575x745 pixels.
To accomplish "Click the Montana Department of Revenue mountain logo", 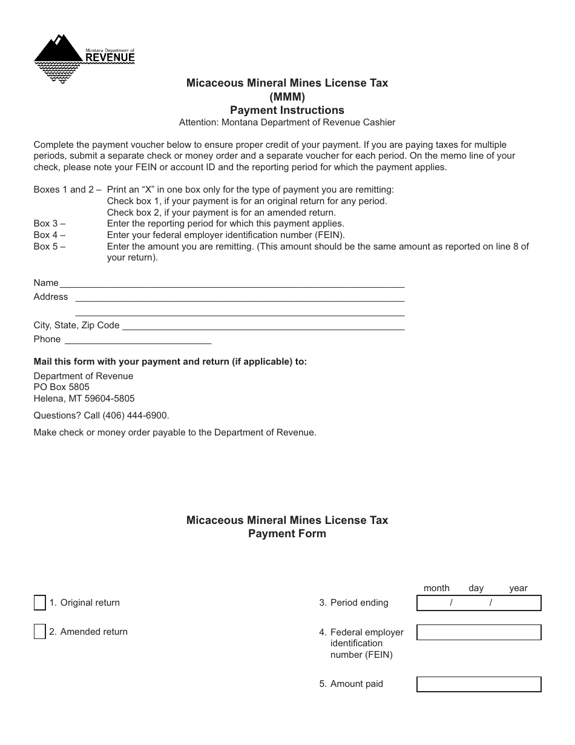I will click(59, 58).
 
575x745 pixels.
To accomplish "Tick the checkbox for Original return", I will click(39, 603).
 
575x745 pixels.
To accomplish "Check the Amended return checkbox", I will click(39, 632).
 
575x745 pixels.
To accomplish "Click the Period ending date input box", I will click(479, 603).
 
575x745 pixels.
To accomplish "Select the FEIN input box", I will click(479, 632).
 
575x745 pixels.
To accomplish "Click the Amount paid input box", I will click(479, 684).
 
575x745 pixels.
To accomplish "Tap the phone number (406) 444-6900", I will click(136, 416).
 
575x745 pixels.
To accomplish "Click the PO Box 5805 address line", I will click(62, 387).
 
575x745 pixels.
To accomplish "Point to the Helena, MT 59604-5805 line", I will click(84, 399).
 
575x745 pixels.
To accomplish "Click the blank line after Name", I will click(232, 283).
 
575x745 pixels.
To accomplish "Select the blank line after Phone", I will click(137, 340).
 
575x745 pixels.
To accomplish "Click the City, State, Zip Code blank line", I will click(263, 326).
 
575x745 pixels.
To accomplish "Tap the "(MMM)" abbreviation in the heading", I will click(287, 96).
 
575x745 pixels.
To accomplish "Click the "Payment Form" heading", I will click(287, 534).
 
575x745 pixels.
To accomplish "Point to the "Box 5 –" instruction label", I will click(50, 247).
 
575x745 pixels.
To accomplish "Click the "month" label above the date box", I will click(436, 588).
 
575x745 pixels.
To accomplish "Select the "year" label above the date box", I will click(518, 588).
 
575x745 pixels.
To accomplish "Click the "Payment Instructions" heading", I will click(287, 110).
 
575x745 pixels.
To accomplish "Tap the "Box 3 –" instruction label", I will click(50, 223).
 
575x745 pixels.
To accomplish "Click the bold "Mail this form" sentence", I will click(170, 362).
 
